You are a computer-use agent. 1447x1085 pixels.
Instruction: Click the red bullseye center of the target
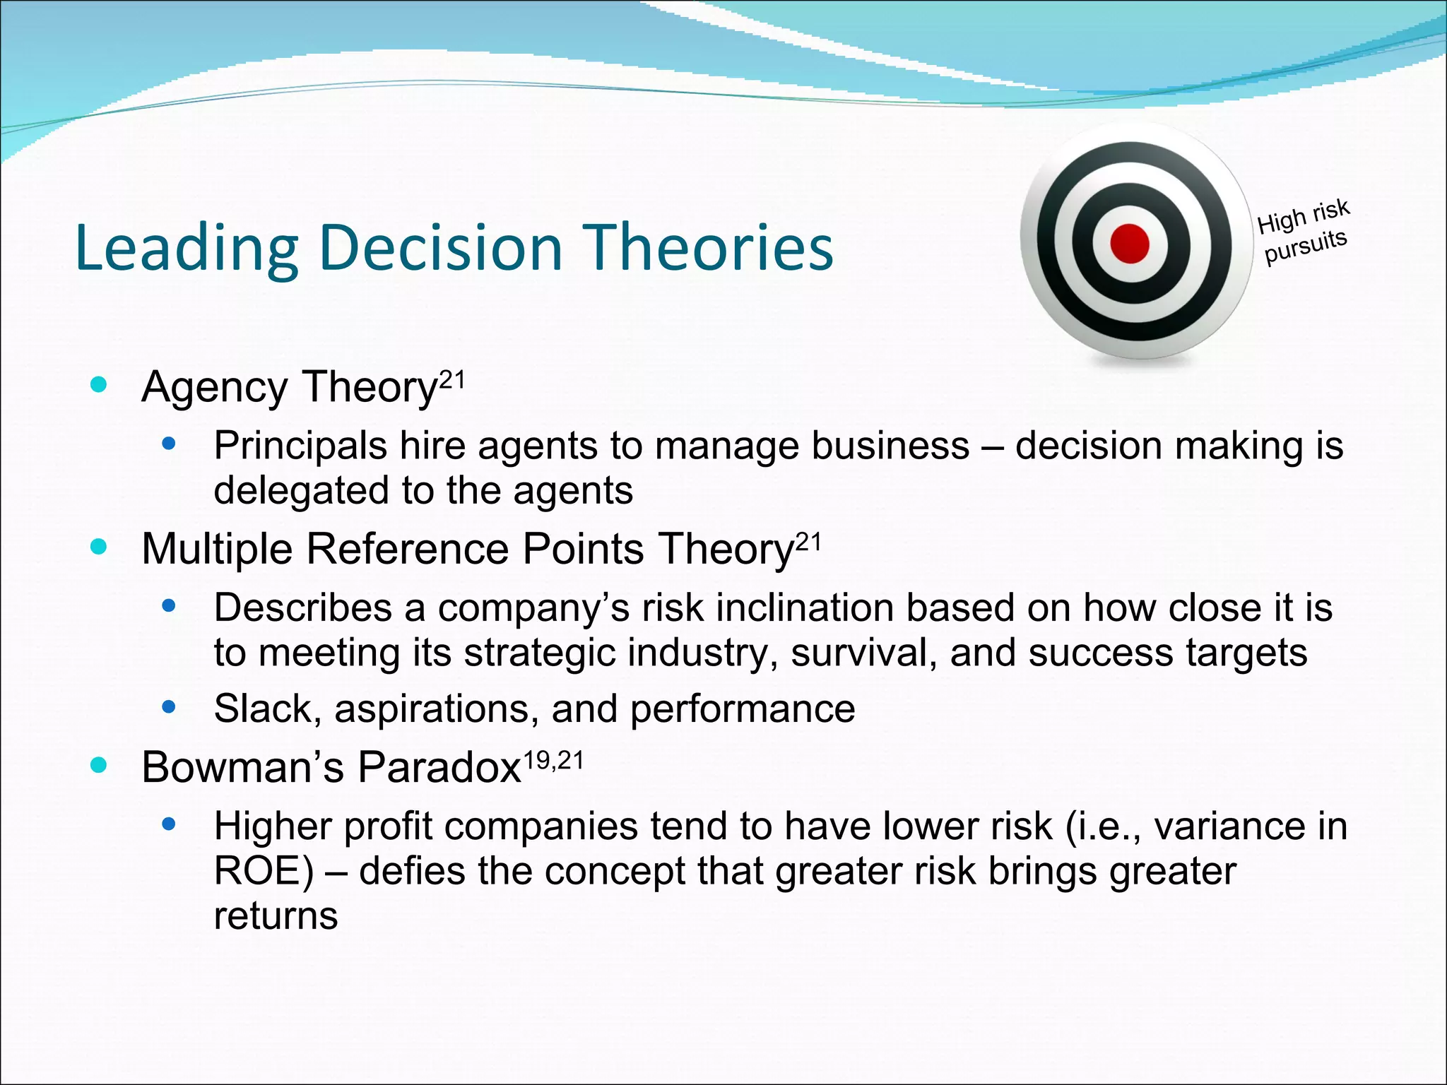tap(1129, 244)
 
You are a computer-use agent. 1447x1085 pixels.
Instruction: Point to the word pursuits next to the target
tap(1306, 247)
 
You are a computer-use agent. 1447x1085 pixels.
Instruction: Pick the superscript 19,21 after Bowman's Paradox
tap(553, 760)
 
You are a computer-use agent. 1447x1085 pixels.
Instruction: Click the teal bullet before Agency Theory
tap(99, 385)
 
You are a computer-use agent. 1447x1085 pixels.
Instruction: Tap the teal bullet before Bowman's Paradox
tap(99, 765)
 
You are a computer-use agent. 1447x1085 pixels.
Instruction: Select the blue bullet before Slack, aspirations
tap(168, 706)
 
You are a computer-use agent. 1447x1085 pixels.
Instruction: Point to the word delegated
tap(302, 490)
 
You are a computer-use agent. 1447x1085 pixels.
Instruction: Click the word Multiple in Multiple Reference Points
tap(217, 549)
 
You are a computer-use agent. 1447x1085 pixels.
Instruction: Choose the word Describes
tap(302, 607)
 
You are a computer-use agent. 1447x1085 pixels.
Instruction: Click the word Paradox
tap(439, 767)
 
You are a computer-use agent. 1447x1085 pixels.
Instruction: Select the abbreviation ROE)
tap(264, 871)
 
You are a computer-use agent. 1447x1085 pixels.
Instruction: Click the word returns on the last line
tap(276, 916)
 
